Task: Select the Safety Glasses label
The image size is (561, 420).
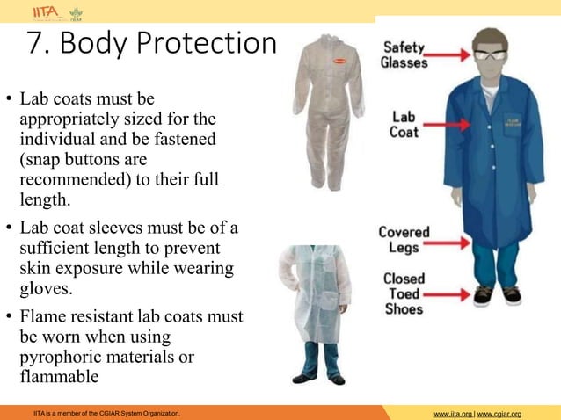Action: click(x=404, y=55)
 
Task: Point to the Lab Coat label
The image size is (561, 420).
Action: click(x=404, y=124)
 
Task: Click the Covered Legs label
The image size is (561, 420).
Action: click(x=404, y=240)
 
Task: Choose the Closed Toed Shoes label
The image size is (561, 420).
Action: click(x=404, y=293)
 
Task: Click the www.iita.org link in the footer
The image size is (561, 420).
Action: click(x=451, y=413)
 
